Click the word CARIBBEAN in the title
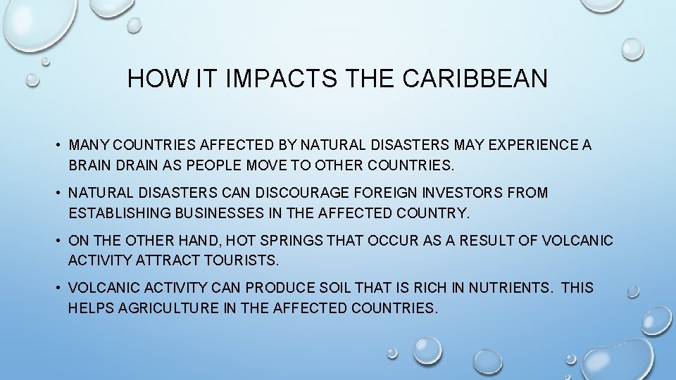click(475, 79)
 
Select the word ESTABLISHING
click(117, 212)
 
